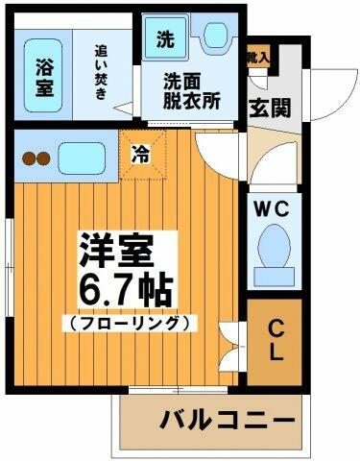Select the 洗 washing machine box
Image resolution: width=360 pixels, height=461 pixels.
165,42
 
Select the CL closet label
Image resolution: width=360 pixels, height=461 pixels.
276,341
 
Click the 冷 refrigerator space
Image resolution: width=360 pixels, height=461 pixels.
141,151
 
